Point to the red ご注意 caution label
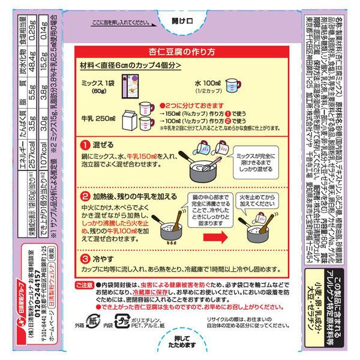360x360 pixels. point(85,284)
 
